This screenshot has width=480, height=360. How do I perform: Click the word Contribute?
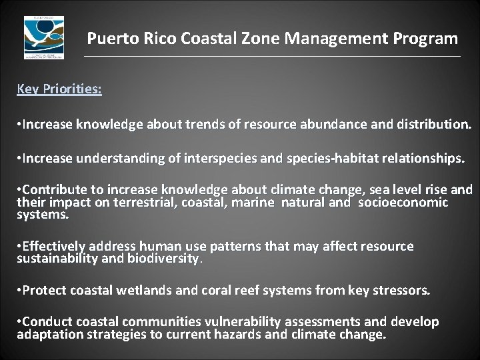57,189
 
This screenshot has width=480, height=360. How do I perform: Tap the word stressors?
403,291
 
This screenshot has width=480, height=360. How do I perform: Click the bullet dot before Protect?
19,291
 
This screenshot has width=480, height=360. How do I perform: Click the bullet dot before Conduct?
19,322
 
